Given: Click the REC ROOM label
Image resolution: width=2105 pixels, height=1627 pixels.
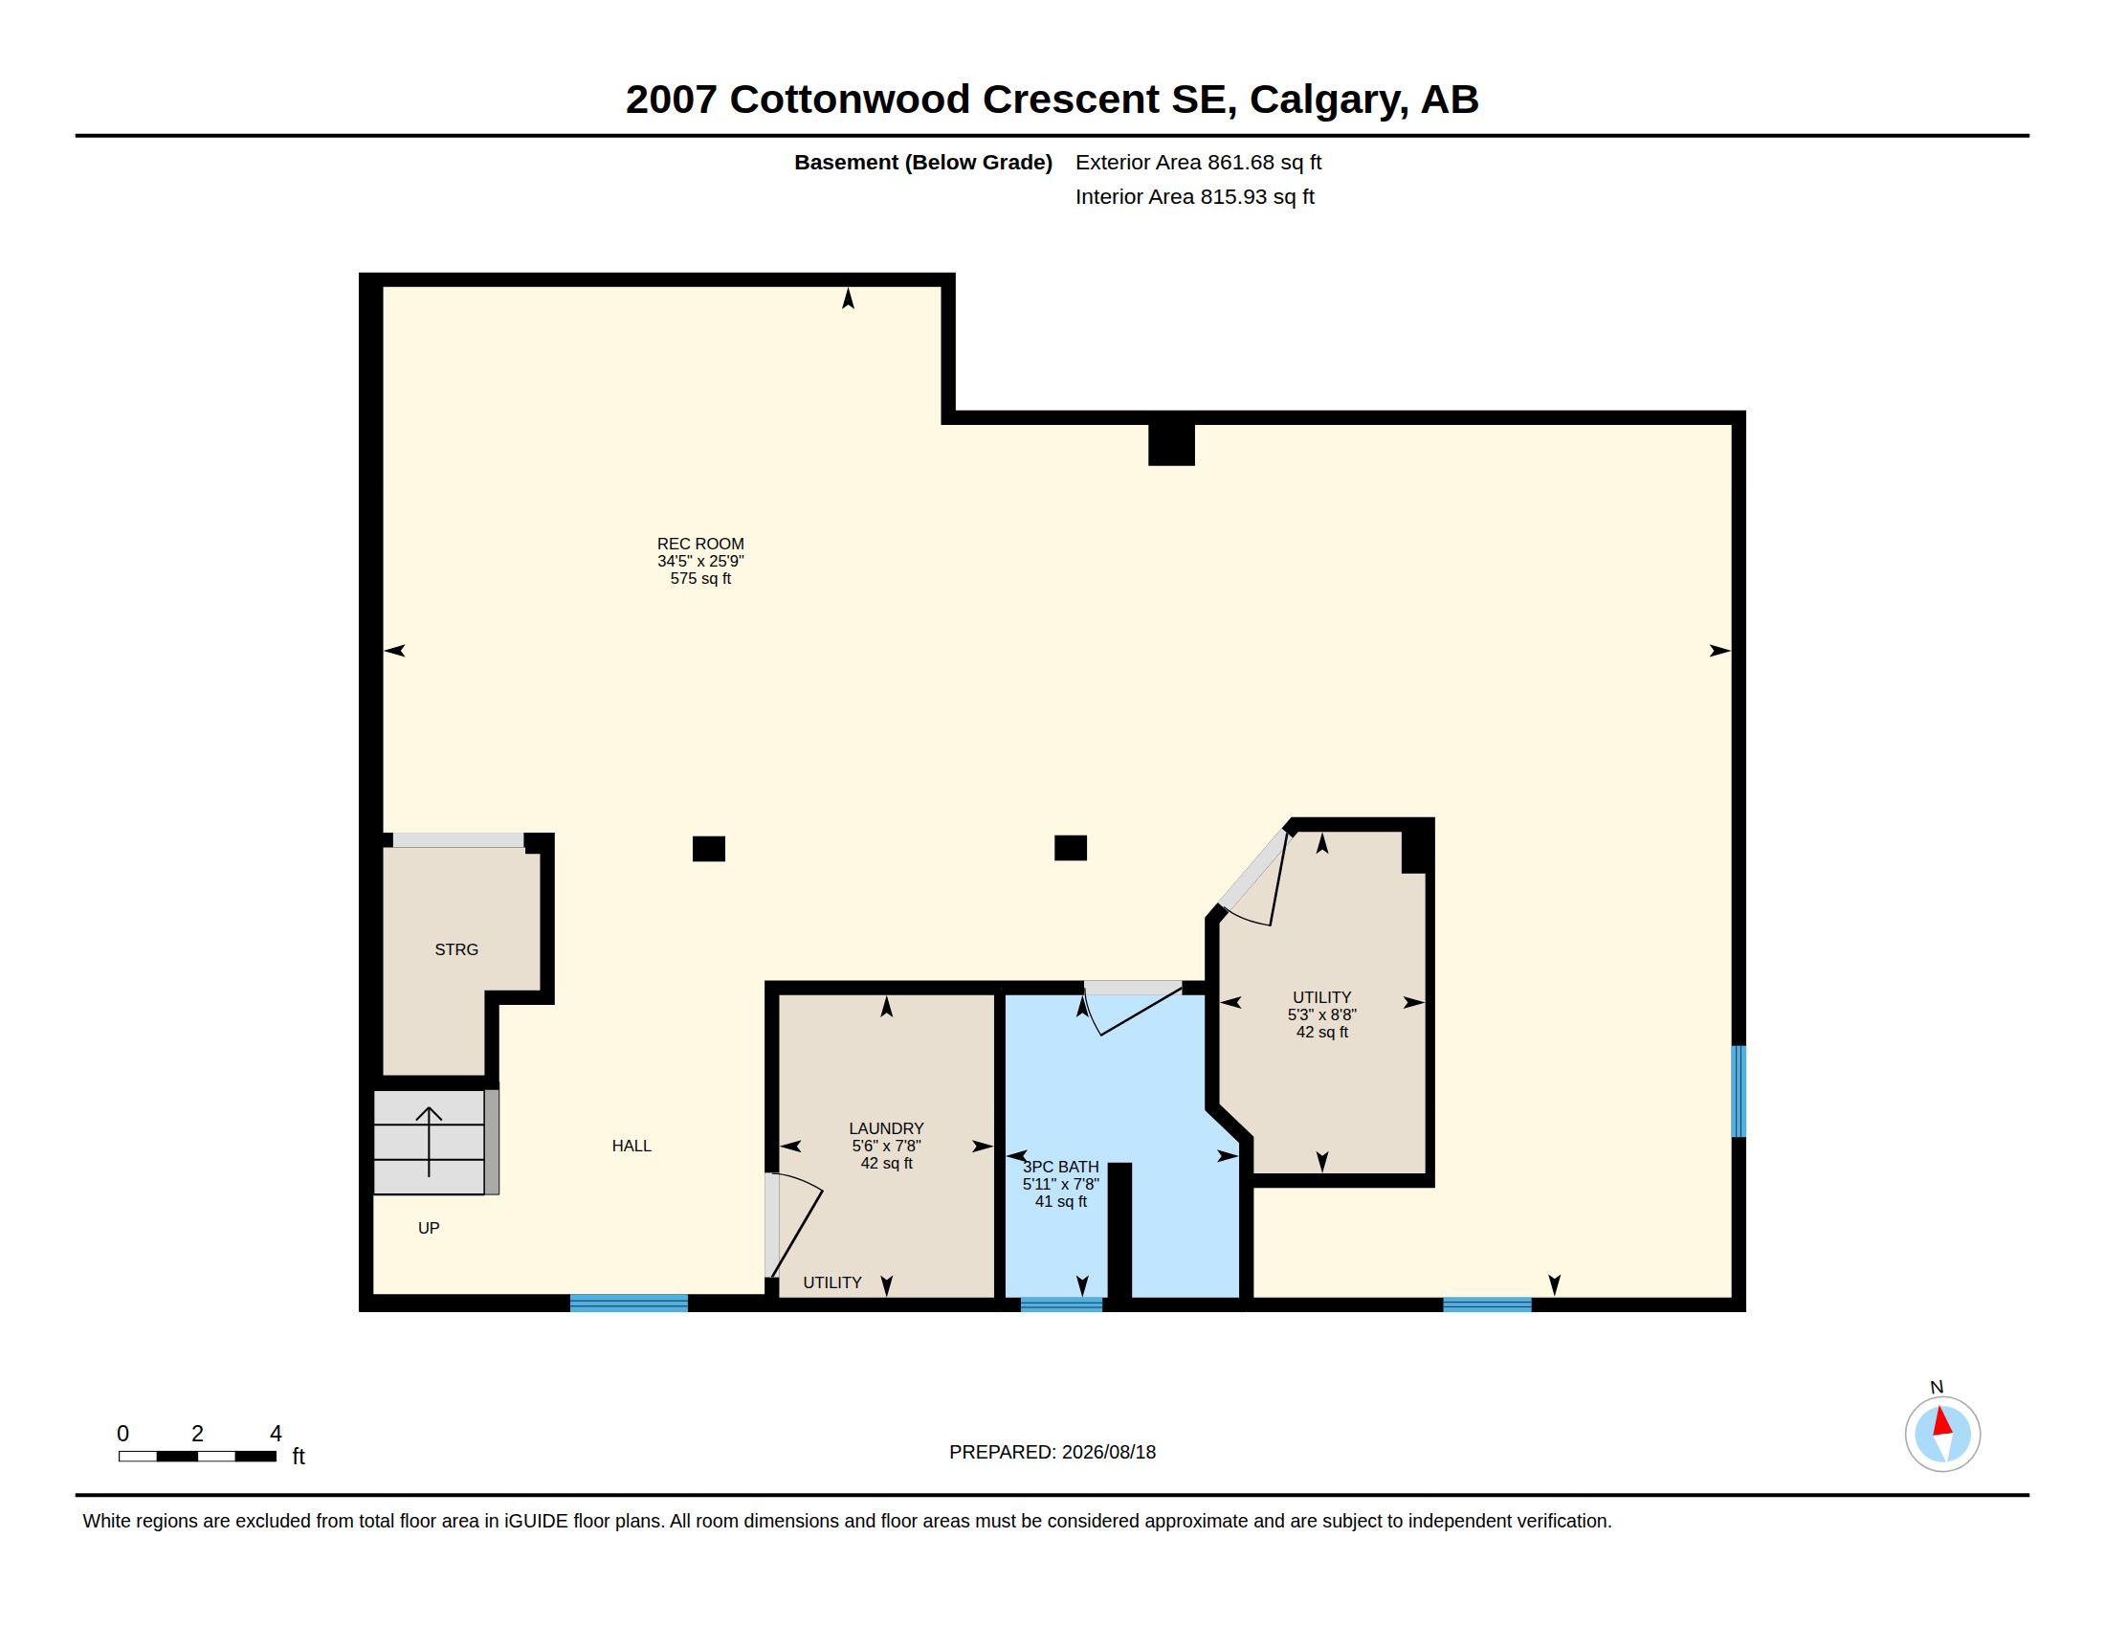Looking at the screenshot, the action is tap(699, 544).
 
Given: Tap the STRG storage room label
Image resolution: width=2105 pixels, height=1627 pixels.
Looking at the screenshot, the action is tap(455, 949).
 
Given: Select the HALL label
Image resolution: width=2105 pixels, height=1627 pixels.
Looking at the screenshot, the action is tap(631, 1146).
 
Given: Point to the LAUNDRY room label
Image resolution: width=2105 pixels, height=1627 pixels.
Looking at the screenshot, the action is tap(886, 1128).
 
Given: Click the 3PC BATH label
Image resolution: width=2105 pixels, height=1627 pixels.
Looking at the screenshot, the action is tap(1060, 1168).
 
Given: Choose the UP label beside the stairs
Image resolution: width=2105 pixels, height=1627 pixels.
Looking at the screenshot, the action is tap(429, 1228).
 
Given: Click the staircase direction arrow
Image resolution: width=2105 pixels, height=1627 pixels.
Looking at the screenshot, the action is tap(429, 1141).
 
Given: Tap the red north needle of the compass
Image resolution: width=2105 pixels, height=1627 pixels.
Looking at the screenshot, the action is tap(1942, 1421).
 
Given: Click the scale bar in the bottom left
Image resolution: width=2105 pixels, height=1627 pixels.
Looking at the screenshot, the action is tap(198, 1457).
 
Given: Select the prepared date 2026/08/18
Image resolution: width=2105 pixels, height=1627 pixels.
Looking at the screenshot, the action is tap(1108, 1453).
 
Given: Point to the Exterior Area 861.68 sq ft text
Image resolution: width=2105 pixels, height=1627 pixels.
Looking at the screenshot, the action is tap(1198, 163).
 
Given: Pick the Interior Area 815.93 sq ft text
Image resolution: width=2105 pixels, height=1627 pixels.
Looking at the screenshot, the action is tap(1194, 196).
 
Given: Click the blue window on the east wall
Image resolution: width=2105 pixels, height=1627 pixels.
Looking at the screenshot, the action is tap(1739, 1092).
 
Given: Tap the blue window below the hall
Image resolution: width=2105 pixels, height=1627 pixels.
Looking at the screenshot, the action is tap(629, 1304).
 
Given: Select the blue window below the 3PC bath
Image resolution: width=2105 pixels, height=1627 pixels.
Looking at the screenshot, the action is tap(1061, 1304).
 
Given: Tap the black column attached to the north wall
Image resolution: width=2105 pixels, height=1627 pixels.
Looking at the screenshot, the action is tap(1171, 444).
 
